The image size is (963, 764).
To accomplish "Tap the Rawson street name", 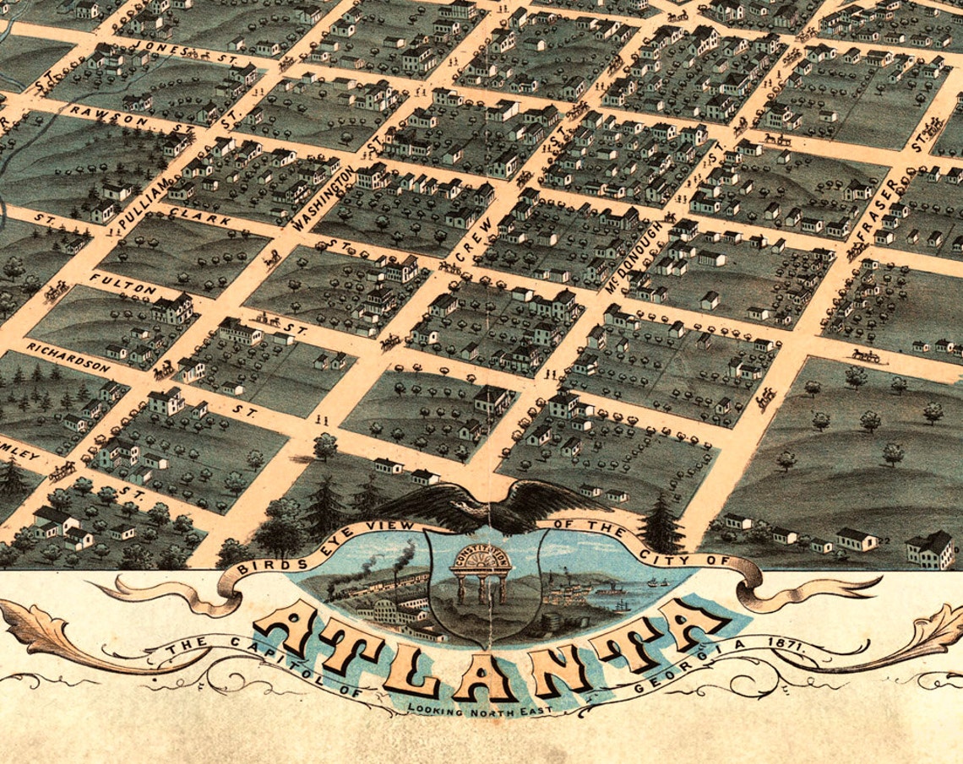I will click(x=107, y=116).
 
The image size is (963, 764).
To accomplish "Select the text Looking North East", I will click(x=479, y=710).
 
